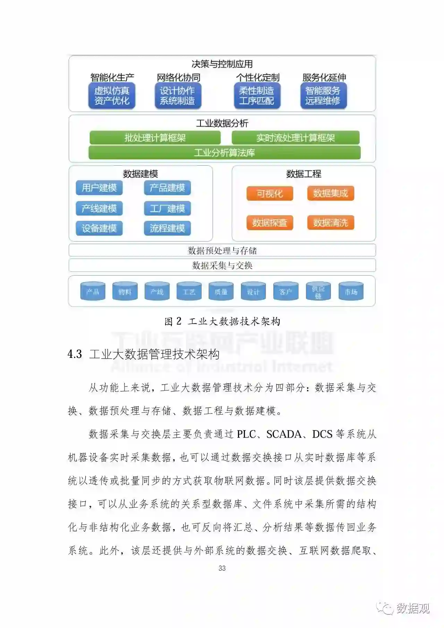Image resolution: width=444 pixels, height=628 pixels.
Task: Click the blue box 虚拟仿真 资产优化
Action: (112, 96)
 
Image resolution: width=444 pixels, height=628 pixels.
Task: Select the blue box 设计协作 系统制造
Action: (178, 96)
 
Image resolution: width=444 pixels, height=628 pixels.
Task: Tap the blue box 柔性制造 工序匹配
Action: (257, 96)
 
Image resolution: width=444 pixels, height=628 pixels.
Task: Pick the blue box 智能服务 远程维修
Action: (323, 96)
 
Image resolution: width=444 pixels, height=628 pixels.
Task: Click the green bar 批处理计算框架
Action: (155, 138)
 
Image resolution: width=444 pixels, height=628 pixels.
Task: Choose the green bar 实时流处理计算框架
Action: (296, 138)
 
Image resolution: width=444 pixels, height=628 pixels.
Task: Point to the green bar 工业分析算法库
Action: (224, 153)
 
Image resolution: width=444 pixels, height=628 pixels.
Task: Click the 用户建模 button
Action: (99, 188)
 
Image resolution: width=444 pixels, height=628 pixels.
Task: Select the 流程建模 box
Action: (167, 228)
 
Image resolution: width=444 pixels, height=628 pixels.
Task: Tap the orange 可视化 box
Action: (270, 193)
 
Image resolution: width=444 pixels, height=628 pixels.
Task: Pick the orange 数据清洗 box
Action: (331, 223)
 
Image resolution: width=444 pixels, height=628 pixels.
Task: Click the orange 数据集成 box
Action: (331, 193)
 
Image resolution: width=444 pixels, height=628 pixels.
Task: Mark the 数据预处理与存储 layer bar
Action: (222, 250)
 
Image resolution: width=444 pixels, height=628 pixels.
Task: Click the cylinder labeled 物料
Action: (125, 292)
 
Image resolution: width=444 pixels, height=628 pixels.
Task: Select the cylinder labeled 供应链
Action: (318, 292)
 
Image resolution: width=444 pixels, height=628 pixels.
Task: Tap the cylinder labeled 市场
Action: (351, 292)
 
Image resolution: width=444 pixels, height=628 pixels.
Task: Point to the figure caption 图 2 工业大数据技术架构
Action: (222, 321)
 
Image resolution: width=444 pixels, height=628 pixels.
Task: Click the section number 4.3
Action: (75, 354)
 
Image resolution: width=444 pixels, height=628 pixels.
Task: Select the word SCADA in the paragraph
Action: (284, 434)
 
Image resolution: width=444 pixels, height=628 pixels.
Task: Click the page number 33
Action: (222, 568)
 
